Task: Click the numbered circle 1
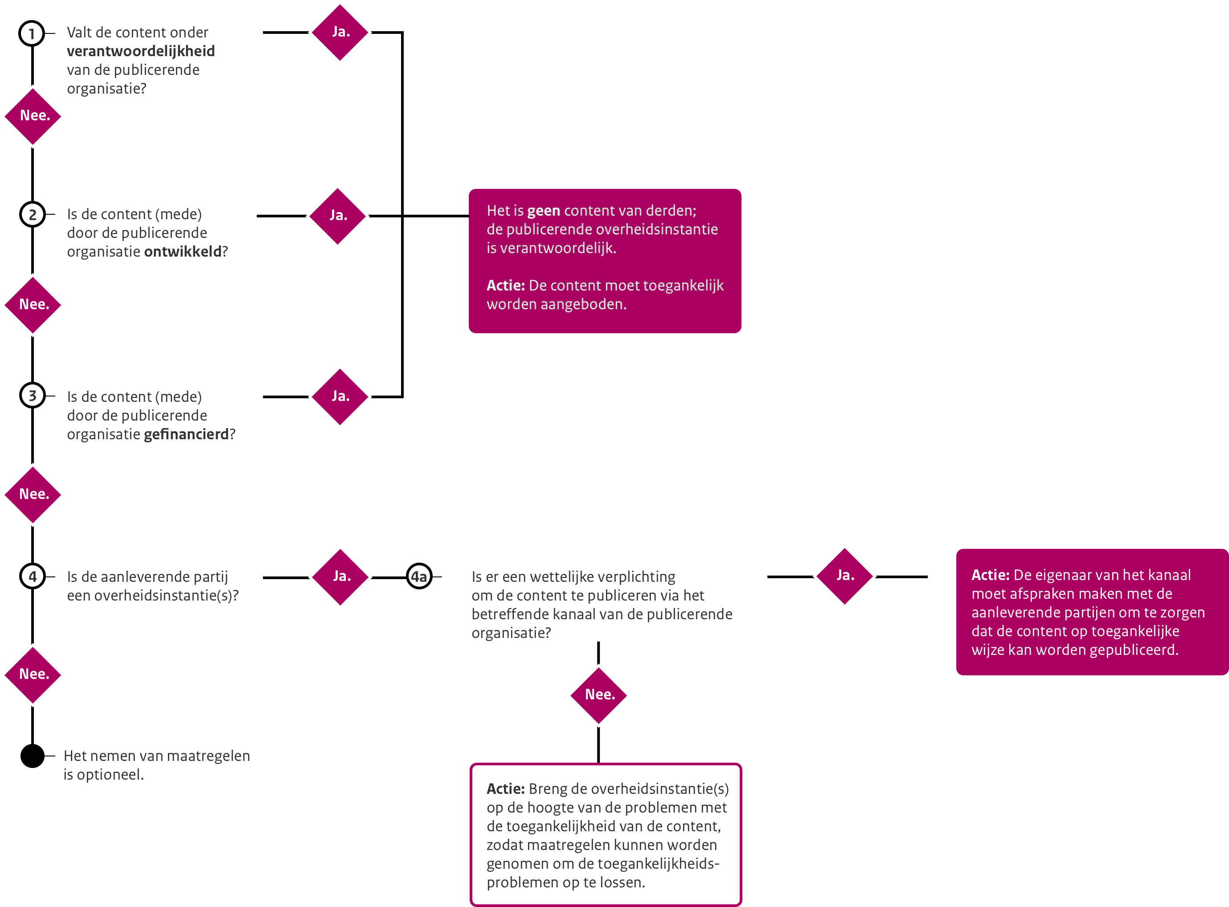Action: pos(32,33)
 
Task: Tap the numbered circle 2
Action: pos(33,215)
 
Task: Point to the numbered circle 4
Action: pos(33,576)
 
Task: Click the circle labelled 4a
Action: pos(419,576)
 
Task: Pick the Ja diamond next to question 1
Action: pos(340,33)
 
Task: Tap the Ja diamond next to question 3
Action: pos(340,397)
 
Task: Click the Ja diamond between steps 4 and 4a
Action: pos(340,577)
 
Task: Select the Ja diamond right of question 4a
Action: pos(844,576)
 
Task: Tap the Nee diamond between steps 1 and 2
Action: pos(33,116)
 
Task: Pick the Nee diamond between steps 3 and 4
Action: pos(33,494)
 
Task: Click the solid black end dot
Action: pos(33,756)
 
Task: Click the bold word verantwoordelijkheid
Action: pos(140,51)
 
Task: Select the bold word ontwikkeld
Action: pos(183,251)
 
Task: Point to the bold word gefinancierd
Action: pos(186,434)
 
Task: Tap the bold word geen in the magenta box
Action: pos(544,211)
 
